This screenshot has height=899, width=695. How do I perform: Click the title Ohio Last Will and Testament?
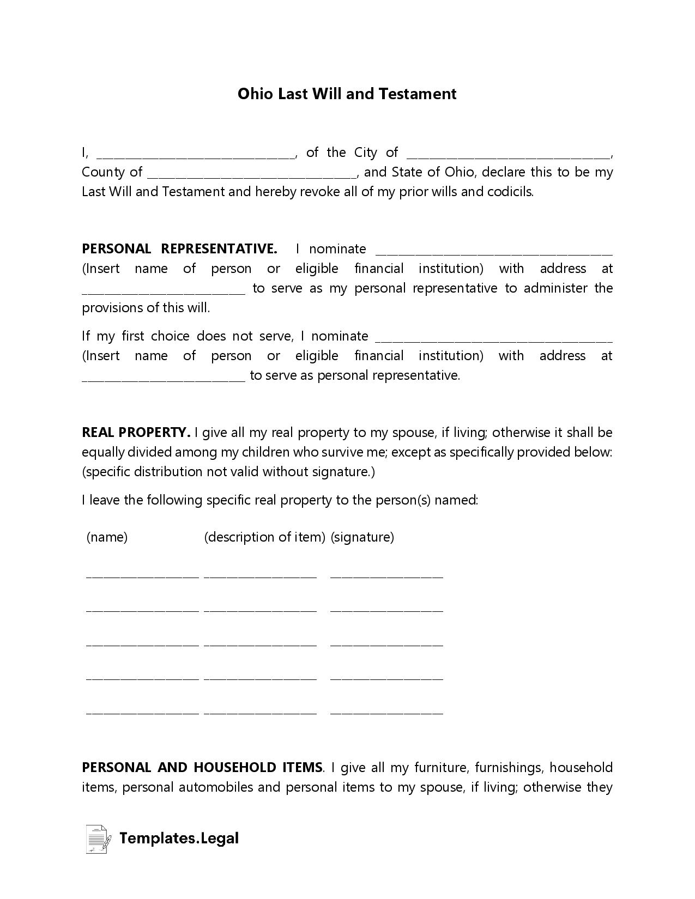pos(347,94)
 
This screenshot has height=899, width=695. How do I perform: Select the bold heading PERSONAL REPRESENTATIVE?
pos(179,249)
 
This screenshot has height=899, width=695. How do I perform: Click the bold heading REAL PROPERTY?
pos(136,433)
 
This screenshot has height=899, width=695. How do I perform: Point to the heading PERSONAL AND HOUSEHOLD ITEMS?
pos(202,768)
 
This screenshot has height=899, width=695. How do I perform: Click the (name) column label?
pos(107,537)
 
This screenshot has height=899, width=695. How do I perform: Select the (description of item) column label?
pos(264,537)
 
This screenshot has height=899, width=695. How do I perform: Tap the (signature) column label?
pos(362,537)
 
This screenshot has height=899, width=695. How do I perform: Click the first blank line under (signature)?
pos(386,575)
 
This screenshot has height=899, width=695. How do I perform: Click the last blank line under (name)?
pos(142,712)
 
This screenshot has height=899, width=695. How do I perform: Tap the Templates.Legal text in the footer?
pos(179,839)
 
